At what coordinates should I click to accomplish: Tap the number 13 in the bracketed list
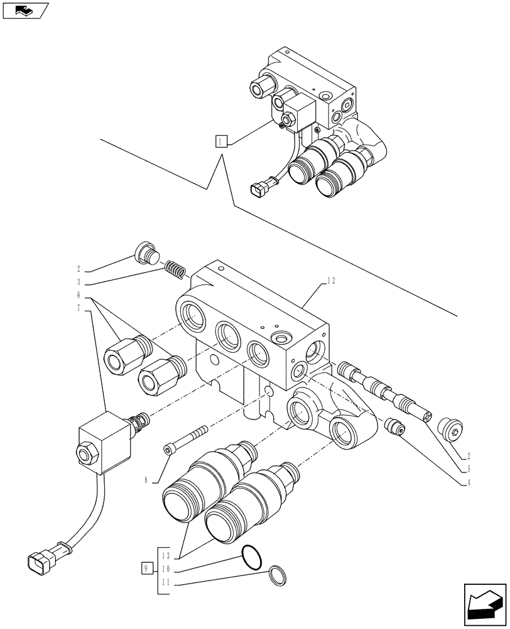pos(165,555)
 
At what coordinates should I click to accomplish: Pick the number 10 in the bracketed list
pos(165,570)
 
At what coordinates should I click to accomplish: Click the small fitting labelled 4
pos(395,427)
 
